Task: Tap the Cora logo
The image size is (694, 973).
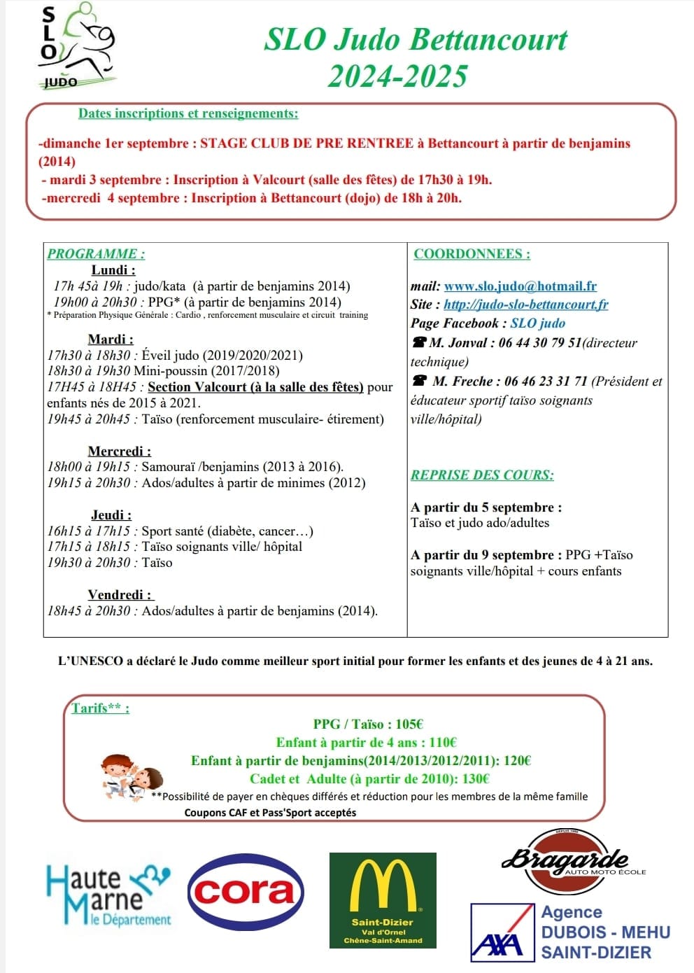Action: click(246, 891)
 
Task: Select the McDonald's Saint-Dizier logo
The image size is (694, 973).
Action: click(383, 899)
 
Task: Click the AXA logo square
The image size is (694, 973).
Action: click(497, 932)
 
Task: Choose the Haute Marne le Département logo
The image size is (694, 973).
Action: click(108, 895)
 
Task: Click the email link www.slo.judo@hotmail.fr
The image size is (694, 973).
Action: click(520, 286)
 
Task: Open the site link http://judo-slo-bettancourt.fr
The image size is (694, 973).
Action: click(525, 304)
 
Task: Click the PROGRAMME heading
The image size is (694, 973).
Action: click(96, 254)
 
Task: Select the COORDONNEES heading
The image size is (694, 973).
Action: click(472, 254)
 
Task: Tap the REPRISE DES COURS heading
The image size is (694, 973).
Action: click(482, 475)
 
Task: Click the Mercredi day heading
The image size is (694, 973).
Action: click(120, 451)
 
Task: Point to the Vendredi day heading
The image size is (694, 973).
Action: click(120, 595)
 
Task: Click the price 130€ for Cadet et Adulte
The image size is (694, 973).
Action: click(476, 778)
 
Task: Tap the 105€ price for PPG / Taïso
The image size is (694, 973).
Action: click(409, 724)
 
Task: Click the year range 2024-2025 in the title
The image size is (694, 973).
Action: click(397, 76)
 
